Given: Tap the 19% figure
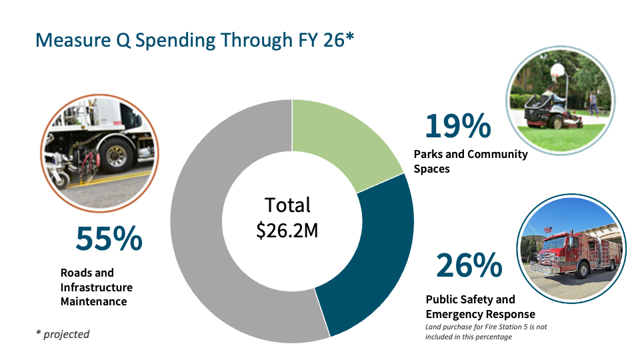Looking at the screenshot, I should pyautogui.click(x=457, y=126).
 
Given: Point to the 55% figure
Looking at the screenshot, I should pyautogui.click(x=109, y=239).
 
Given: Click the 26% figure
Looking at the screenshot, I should pyautogui.click(x=469, y=265).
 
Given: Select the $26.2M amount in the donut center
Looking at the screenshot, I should pyautogui.click(x=287, y=231).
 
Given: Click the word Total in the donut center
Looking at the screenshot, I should pyautogui.click(x=287, y=205).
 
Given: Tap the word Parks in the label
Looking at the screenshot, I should pyautogui.click(x=428, y=154).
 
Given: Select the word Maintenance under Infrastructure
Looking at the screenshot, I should pyautogui.click(x=93, y=301).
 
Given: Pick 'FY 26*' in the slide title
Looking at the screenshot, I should pyautogui.click(x=320, y=40).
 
